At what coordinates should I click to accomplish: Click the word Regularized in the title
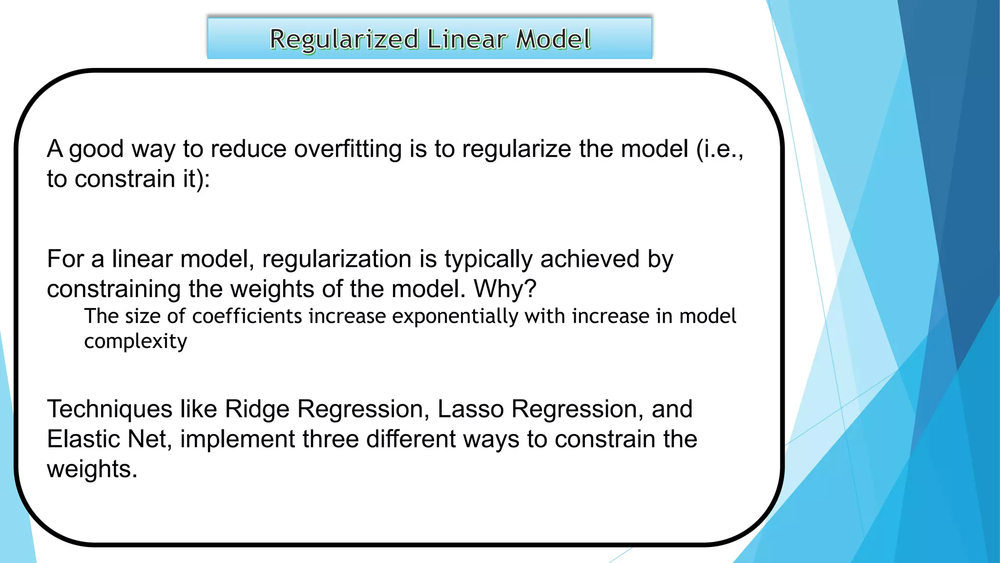[344, 39]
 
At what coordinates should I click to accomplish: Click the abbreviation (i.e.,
[720, 149]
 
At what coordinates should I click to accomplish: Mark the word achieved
[590, 259]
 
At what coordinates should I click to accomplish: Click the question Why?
[505, 289]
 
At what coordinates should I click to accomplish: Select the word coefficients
[247, 316]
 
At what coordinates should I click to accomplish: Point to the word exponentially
[455, 316]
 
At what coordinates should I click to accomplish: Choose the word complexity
[135, 341]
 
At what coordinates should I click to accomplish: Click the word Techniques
[109, 409]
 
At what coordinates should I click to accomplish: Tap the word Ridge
[257, 409]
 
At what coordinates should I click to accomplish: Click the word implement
[237, 439]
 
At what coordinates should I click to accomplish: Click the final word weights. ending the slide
[92, 469]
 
